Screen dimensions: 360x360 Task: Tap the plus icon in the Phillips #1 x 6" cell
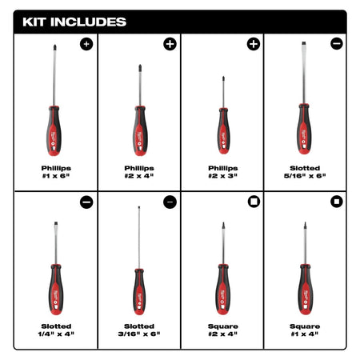(86, 43)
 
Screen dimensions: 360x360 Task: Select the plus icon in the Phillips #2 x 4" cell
(170, 43)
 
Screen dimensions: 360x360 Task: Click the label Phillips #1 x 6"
(56, 172)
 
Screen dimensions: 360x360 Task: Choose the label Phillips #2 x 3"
(222, 172)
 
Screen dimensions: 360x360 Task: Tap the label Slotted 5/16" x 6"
(305, 172)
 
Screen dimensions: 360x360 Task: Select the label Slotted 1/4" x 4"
(56, 330)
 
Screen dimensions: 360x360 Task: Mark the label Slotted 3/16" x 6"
(139, 330)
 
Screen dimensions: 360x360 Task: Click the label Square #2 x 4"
(222, 330)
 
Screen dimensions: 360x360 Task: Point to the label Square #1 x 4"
(305, 330)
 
